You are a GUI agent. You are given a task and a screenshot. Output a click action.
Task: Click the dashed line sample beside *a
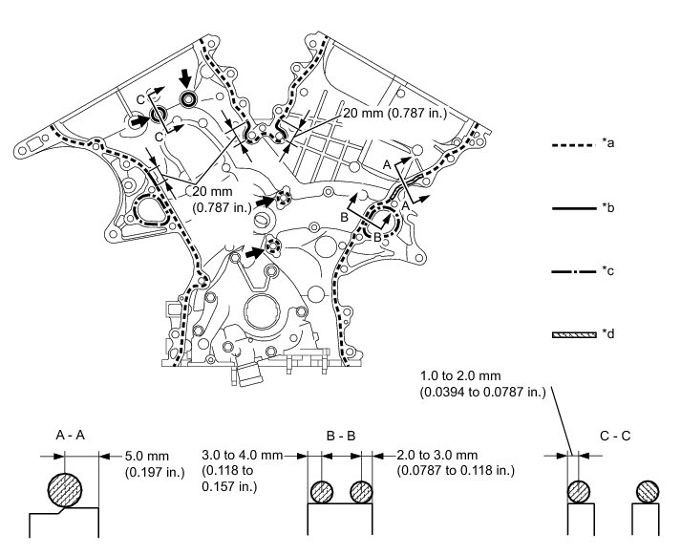point(573,144)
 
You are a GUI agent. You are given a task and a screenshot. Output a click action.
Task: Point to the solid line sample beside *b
point(573,207)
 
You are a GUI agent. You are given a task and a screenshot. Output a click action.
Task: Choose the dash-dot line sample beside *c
point(573,271)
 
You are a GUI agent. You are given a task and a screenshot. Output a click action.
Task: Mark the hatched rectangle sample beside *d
point(573,334)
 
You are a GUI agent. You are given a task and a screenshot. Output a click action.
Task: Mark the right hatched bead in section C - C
point(648,491)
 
